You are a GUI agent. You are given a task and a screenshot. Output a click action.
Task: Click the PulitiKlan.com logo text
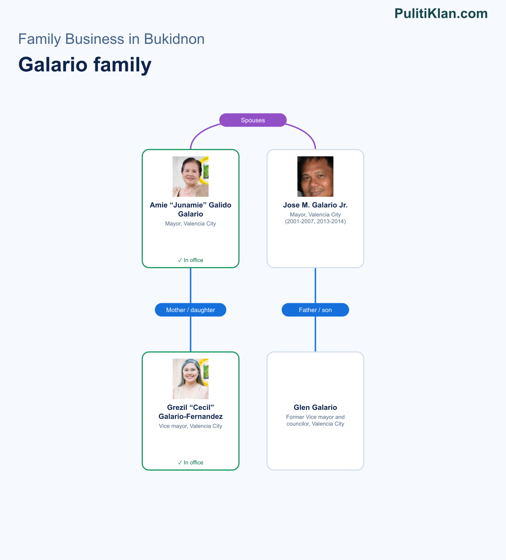pyautogui.click(x=441, y=13)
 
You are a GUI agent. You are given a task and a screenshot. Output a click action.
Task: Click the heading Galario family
pyautogui.click(x=85, y=65)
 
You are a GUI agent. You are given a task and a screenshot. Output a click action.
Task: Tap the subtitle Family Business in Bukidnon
pyautogui.click(x=111, y=39)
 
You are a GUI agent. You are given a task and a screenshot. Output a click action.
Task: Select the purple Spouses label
pyautogui.click(x=253, y=120)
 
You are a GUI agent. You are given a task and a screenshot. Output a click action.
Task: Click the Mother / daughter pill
pyautogui.click(x=191, y=310)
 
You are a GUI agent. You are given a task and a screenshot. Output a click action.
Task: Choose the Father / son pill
pyautogui.click(x=315, y=310)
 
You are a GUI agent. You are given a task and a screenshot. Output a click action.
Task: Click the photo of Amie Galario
pyautogui.click(x=191, y=176)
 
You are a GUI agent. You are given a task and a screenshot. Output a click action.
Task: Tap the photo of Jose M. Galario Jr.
pyautogui.click(x=315, y=176)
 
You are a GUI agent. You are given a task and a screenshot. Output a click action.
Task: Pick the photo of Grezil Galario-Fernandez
pyautogui.click(x=191, y=379)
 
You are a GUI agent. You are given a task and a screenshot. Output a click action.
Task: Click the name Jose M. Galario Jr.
pyautogui.click(x=315, y=205)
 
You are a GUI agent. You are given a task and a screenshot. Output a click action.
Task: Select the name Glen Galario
pyautogui.click(x=315, y=407)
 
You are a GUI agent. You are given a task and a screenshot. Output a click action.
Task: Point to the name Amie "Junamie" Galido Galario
pyautogui.click(x=191, y=210)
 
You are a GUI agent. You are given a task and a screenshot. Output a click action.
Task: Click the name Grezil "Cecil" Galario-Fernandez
pyautogui.click(x=191, y=412)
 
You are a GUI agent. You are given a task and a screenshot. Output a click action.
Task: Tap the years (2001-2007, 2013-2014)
pyautogui.click(x=315, y=221)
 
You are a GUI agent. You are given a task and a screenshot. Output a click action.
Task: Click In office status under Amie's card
pyautogui.click(x=191, y=260)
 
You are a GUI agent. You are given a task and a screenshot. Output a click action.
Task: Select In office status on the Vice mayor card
pyautogui.click(x=191, y=463)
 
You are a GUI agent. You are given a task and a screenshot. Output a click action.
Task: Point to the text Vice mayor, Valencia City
pyautogui.click(x=191, y=426)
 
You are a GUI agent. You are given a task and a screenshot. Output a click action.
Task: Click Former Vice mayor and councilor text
pyautogui.click(x=315, y=420)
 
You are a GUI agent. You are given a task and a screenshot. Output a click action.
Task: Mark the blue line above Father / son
pyautogui.click(x=315, y=285)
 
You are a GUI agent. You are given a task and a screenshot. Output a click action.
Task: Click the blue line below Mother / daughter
pyautogui.click(x=191, y=334)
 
